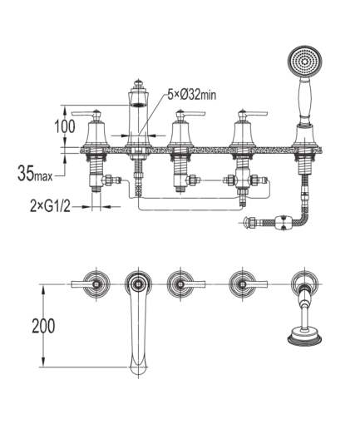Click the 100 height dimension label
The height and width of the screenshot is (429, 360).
64,126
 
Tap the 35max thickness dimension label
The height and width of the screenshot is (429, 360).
35,173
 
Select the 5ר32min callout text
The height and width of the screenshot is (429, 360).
191,95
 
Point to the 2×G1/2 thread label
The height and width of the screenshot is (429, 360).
50,206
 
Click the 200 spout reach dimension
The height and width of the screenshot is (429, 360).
43,326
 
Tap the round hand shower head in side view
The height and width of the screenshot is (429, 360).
305,62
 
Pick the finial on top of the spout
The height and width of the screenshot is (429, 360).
138,83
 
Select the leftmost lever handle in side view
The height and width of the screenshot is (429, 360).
86,113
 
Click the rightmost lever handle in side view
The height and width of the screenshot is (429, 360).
253,113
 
